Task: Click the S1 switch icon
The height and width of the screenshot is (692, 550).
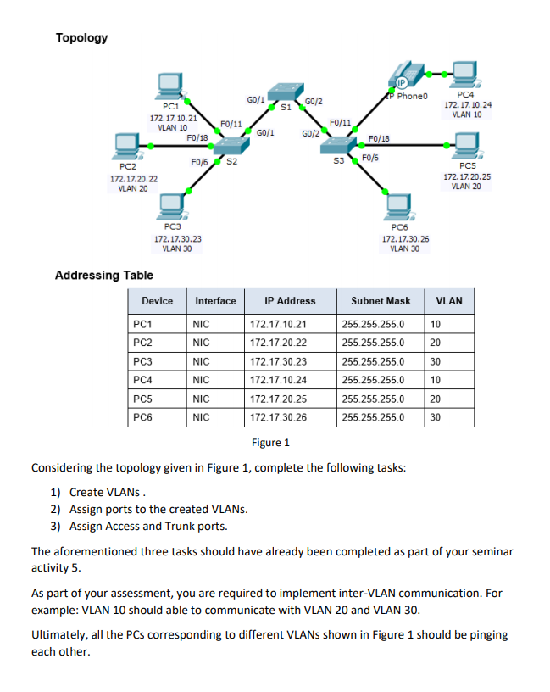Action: [x=282, y=92]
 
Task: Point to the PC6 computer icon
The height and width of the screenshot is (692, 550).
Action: [x=399, y=206]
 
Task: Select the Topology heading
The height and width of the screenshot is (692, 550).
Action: [x=81, y=38]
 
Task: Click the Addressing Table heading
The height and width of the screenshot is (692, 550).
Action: [x=103, y=275]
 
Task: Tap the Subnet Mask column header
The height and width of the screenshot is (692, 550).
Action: [x=381, y=301]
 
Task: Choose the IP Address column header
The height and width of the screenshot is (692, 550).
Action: [x=290, y=301]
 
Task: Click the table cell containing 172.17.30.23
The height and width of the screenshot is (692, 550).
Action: [x=279, y=361]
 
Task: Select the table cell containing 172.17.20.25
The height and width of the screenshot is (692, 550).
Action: [x=279, y=399]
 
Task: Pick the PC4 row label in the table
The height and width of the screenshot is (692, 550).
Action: [x=143, y=380]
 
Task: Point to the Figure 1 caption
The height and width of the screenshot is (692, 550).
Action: [x=270, y=442]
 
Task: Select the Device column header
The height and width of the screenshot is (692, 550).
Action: [x=158, y=301]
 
